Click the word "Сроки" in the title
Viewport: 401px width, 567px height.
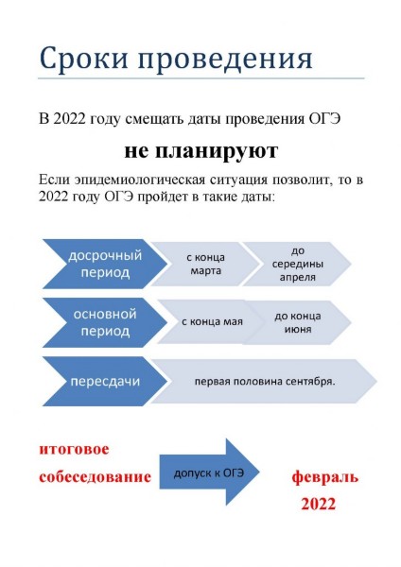pyautogui.click(x=83, y=58)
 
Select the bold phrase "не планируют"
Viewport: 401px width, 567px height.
pyautogui.click(x=200, y=151)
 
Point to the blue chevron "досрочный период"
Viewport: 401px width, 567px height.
pyautogui.click(x=105, y=264)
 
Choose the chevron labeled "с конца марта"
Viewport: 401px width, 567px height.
pyautogui.click(x=205, y=264)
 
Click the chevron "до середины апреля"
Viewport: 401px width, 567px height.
pyautogui.click(x=297, y=264)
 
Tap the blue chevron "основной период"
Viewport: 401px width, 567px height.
pyautogui.click(x=105, y=322)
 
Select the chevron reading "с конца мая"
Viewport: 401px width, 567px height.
pyautogui.click(x=211, y=322)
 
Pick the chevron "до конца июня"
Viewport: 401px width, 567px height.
pyautogui.click(x=297, y=322)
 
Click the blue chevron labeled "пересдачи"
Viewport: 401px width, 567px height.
pyautogui.click(x=105, y=381)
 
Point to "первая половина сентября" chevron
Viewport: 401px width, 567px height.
pyautogui.click(x=264, y=381)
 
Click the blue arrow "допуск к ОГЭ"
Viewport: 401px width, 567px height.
pyautogui.click(x=210, y=472)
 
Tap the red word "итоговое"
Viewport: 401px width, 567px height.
pyautogui.click(x=74, y=449)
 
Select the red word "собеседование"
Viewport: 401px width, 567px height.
pyautogui.click(x=95, y=476)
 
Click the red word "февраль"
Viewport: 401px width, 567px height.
pyautogui.click(x=325, y=477)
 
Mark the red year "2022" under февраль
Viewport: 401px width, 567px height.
pyautogui.click(x=318, y=504)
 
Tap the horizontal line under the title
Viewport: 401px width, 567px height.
pyautogui.click(x=201, y=78)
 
